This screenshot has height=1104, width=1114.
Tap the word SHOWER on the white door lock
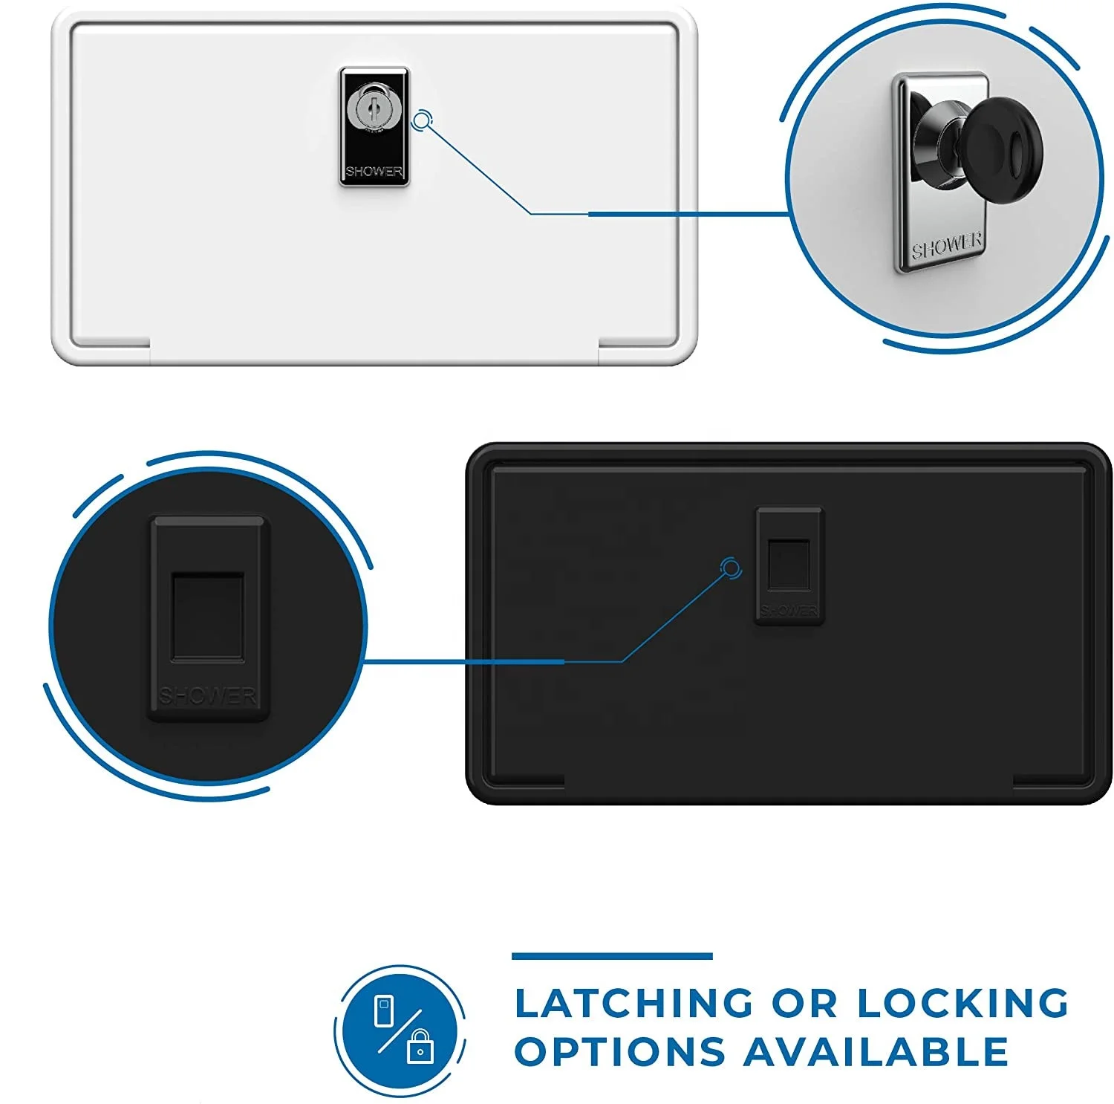point(374,172)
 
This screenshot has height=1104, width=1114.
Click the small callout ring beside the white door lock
point(421,120)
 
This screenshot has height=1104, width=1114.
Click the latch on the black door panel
point(788,565)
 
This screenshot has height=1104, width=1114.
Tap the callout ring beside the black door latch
point(732,569)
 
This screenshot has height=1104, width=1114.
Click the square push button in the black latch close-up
point(208,616)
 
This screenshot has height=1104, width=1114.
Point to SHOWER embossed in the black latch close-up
point(208,696)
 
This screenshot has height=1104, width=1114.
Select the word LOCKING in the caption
point(962,1003)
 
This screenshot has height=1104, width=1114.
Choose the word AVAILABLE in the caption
point(876,1052)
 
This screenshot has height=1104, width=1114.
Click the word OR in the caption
point(804,1003)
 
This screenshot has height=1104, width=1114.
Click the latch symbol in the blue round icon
point(384,1011)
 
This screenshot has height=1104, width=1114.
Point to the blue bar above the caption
point(612,956)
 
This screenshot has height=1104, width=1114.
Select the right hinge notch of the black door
point(1050,781)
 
